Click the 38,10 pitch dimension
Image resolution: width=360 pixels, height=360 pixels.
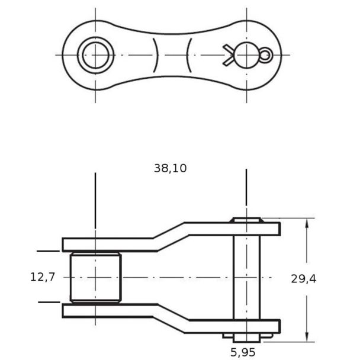(x=170, y=168)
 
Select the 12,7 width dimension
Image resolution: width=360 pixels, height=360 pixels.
(x=43, y=277)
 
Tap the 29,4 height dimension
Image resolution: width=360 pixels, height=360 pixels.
(x=304, y=279)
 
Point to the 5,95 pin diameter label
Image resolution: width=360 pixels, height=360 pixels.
(x=243, y=352)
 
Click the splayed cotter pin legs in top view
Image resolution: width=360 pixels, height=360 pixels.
(x=228, y=55)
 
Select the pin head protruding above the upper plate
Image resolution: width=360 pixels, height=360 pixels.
(x=247, y=220)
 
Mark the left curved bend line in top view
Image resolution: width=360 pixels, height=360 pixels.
(x=156, y=55)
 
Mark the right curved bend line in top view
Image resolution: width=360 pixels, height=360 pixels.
(x=189, y=55)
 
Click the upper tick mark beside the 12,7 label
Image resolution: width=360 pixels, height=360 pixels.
(x=48, y=251)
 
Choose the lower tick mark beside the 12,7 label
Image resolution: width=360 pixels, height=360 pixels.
(x=49, y=302)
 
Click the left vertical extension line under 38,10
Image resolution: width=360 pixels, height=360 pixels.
(x=95, y=200)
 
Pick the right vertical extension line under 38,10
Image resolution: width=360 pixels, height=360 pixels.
(x=246, y=187)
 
